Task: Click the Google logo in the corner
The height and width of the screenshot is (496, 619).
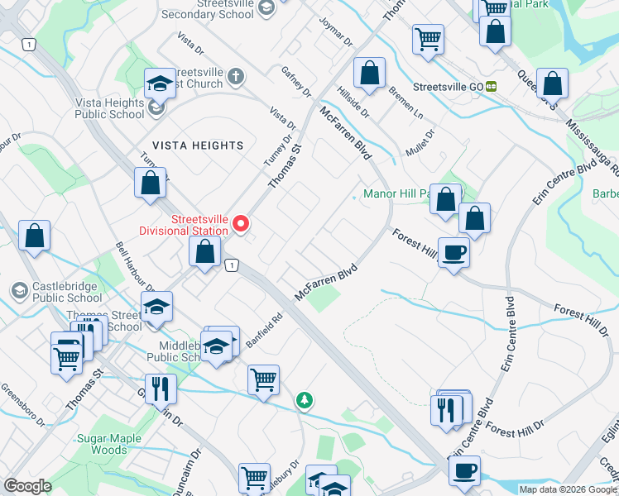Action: coord(27,486)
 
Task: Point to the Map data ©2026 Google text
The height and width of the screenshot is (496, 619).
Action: coord(568,489)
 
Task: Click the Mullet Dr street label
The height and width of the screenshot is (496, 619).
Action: coord(420,143)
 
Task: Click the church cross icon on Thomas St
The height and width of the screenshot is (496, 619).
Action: coord(235,78)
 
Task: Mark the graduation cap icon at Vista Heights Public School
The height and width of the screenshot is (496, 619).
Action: coord(160,83)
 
